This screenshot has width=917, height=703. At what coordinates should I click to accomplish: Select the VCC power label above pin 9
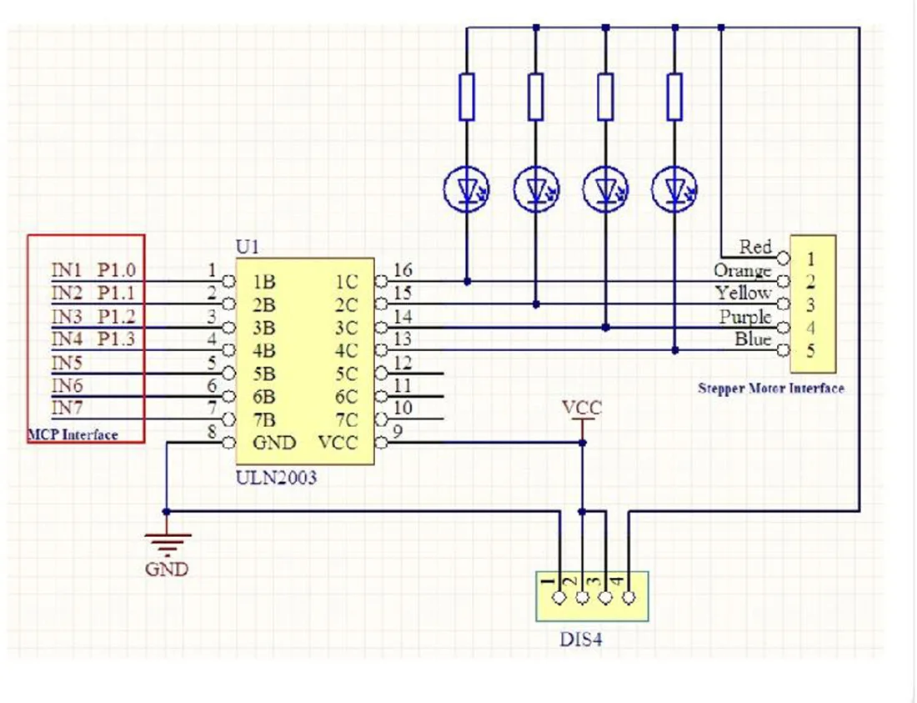click(x=581, y=409)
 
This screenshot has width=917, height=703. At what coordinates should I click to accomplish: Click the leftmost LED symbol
click(x=467, y=187)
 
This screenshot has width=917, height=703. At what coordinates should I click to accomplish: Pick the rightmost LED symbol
click(x=675, y=187)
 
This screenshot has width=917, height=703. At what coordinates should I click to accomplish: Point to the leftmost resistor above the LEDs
click(x=467, y=97)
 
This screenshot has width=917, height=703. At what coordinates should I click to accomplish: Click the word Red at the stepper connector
click(x=755, y=247)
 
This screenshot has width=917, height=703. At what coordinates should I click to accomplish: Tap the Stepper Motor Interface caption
click(x=771, y=388)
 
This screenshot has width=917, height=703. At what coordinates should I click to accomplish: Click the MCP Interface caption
click(x=73, y=434)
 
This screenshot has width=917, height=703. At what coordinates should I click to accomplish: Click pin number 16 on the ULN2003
click(x=402, y=270)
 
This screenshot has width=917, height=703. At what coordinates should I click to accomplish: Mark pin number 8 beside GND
click(x=212, y=432)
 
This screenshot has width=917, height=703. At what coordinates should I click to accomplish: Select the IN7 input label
click(x=68, y=408)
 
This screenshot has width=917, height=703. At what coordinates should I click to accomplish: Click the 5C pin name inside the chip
click(x=345, y=374)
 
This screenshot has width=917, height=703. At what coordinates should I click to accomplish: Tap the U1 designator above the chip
click(x=248, y=248)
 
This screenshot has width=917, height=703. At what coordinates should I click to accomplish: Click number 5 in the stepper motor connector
click(x=809, y=350)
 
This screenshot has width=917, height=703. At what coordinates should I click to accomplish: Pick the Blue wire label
click(x=753, y=339)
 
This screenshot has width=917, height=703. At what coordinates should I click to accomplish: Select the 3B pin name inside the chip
click(x=265, y=328)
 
